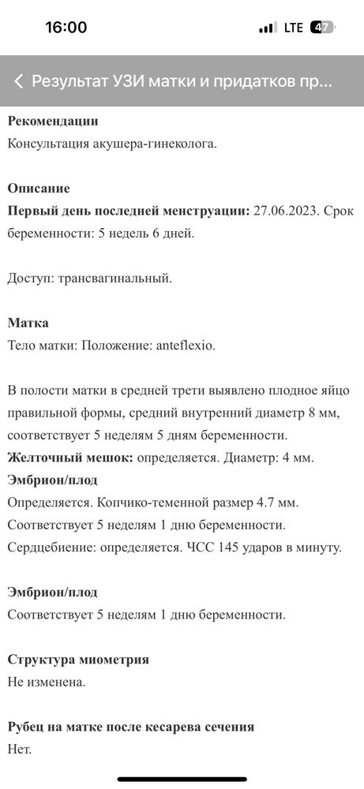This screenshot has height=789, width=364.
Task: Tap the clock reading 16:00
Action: [x=66, y=27]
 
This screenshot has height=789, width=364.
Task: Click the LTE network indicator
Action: [x=293, y=28]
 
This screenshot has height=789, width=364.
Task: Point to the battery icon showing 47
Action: [x=321, y=28]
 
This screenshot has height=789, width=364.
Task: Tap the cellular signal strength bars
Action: [x=268, y=28]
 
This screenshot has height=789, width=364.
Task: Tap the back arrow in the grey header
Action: [x=18, y=81]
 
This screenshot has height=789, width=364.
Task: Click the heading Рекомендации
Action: [x=53, y=122]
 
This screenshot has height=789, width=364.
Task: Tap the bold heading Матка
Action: [x=28, y=323]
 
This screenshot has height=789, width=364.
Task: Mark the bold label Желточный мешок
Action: [x=70, y=457]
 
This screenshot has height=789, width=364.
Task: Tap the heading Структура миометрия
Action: [x=78, y=659]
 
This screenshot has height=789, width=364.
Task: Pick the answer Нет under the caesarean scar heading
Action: [x=19, y=749]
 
